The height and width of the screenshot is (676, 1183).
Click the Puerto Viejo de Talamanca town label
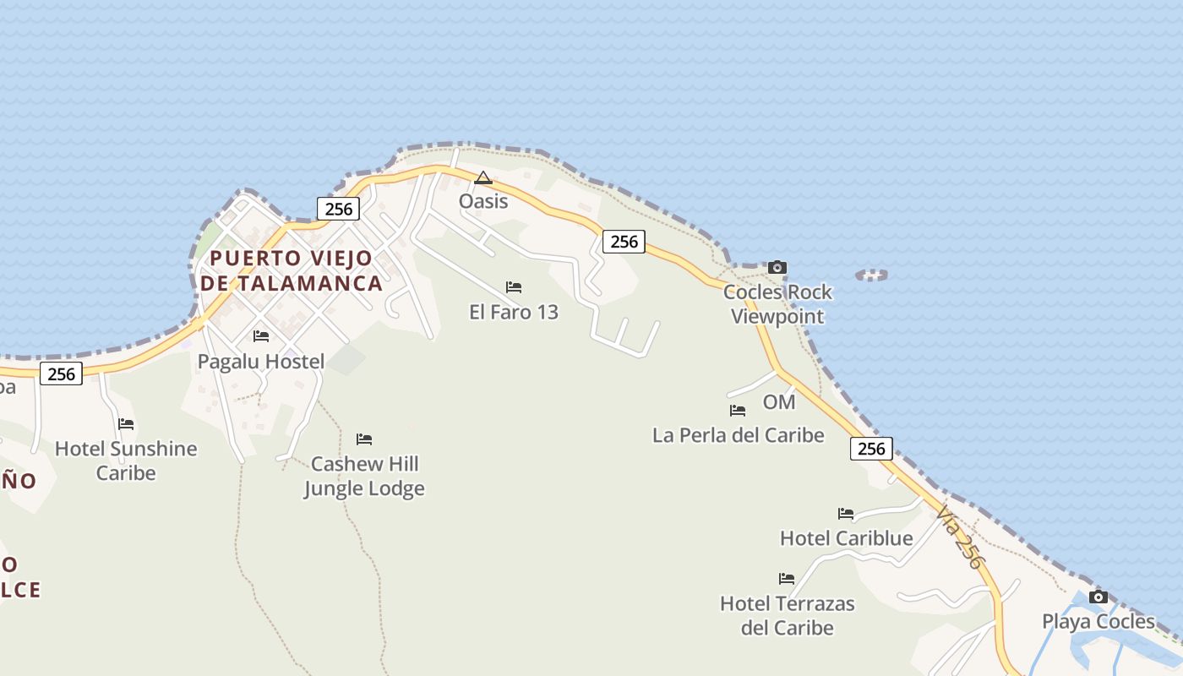(x=291, y=270)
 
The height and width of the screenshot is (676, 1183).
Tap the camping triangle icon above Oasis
(x=483, y=178)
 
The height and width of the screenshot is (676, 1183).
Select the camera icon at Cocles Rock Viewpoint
(x=777, y=268)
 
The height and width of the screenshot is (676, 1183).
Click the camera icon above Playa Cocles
(x=1098, y=597)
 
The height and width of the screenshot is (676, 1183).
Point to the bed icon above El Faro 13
(x=514, y=287)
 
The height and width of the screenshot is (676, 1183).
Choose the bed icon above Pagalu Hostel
(x=261, y=336)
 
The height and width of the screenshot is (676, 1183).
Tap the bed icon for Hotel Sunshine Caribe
(x=126, y=423)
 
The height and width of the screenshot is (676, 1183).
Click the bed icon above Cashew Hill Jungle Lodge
(x=364, y=439)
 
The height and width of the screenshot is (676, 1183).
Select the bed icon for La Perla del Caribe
(x=738, y=411)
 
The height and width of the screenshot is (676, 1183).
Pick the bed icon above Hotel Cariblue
(x=846, y=514)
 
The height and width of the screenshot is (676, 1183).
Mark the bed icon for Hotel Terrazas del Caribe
(x=787, y=579)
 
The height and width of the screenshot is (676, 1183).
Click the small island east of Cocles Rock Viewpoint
(x=872, y=275)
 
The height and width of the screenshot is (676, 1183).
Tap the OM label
(x=779, y=402)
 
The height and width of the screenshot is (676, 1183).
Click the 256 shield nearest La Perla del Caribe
(x=871, y=449)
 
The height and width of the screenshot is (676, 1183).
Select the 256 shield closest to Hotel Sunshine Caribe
(x=62, y=373)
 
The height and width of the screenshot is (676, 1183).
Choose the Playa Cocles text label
(x=1098, y=622)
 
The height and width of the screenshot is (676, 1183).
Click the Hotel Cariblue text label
(x=846, y=538)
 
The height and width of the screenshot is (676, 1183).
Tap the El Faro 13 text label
(x=514, y=312)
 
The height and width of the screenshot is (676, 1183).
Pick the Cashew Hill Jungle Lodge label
(x=364, y=476)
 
